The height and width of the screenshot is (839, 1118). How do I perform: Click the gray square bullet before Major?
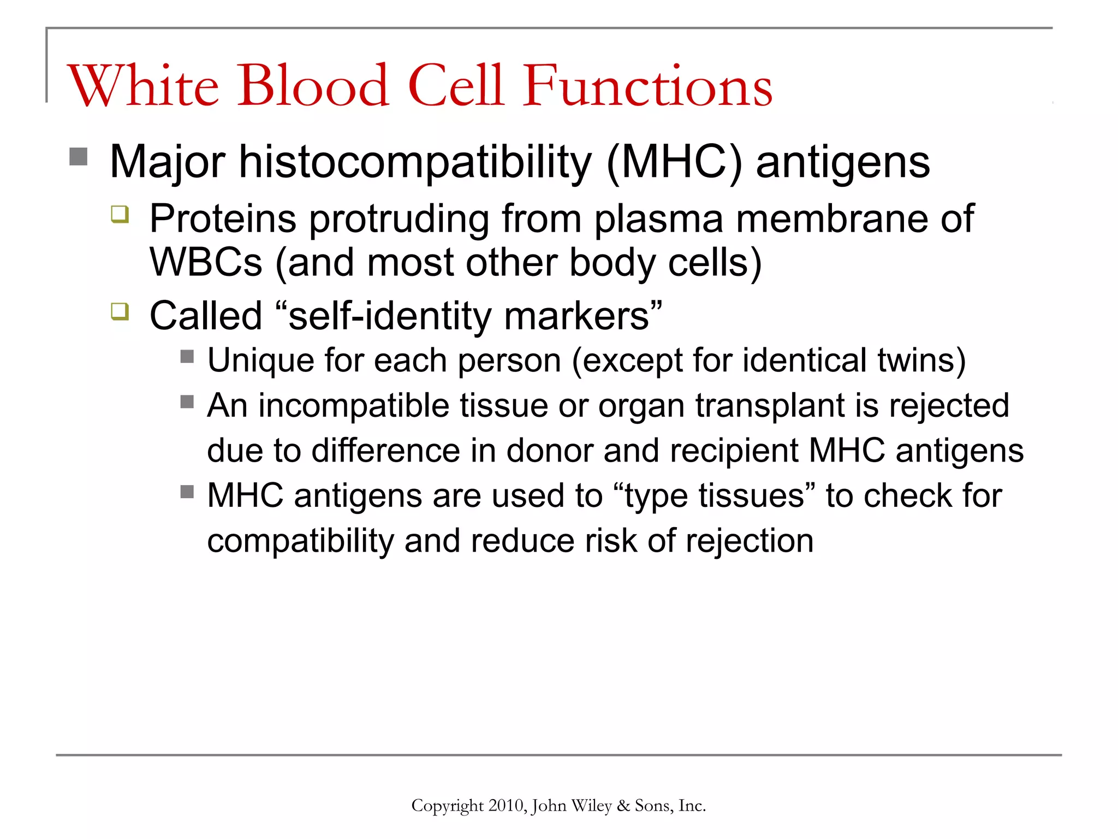coord(79,157)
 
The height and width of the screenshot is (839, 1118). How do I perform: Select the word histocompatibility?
coord(415,162)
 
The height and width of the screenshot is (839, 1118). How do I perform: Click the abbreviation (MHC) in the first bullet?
coord(675,162)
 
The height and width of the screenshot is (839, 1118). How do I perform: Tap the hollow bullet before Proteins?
coord(120,214)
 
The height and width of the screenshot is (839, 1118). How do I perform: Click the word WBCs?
coord(206,263)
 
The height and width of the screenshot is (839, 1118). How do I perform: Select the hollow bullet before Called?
coord(120,311)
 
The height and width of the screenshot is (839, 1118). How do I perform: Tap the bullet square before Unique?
coord(187,357)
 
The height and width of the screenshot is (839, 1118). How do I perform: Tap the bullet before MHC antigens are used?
coord(187,492)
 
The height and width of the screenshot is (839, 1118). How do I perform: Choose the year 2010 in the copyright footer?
coord(506,806)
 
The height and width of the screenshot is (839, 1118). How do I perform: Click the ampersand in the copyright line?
coord(623,806)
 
